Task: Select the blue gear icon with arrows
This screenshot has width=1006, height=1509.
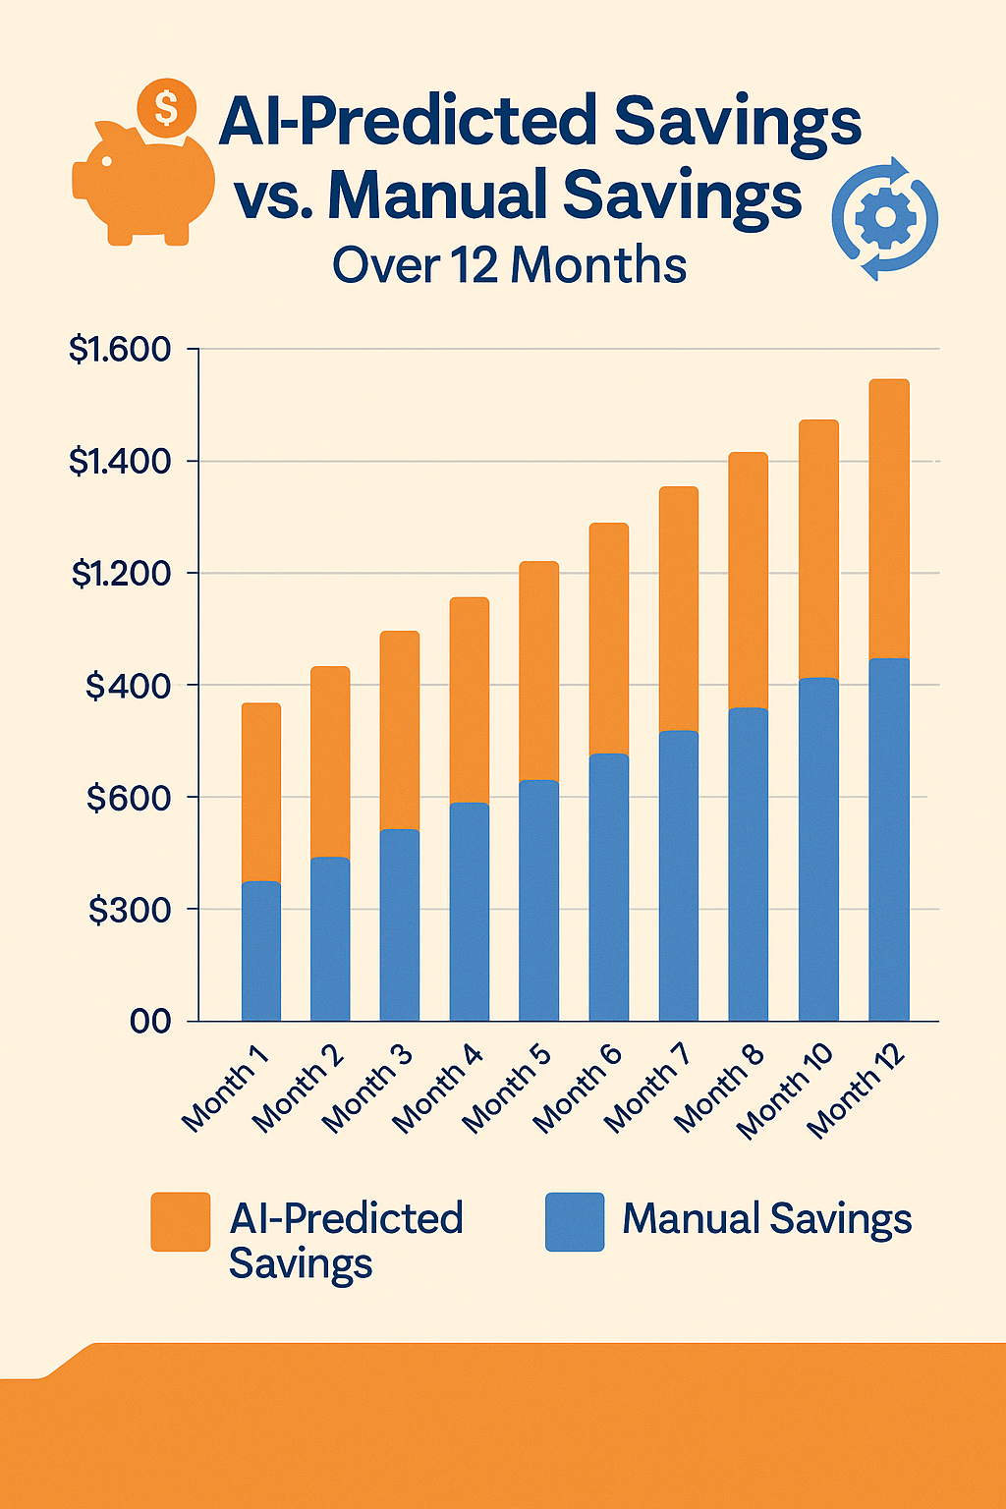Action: (885, 218)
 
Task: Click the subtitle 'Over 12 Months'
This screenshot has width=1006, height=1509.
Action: (509, 265)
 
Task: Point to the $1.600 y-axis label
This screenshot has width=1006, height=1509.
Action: (120, 350)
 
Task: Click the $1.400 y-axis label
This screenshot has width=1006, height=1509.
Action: (120, 461)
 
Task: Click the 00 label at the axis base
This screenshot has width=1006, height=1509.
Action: (150, 1022)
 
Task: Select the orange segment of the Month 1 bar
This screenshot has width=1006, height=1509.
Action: (261, 792)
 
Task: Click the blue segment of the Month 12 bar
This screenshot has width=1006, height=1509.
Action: (889, 840)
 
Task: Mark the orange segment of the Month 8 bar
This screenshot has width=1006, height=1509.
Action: (748, 580)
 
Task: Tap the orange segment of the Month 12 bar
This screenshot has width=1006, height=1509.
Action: (889, 519)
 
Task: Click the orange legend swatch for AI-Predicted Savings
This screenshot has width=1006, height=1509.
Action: (180, 1222)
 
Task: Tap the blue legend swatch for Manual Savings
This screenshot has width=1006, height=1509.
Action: (575, 1222)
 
